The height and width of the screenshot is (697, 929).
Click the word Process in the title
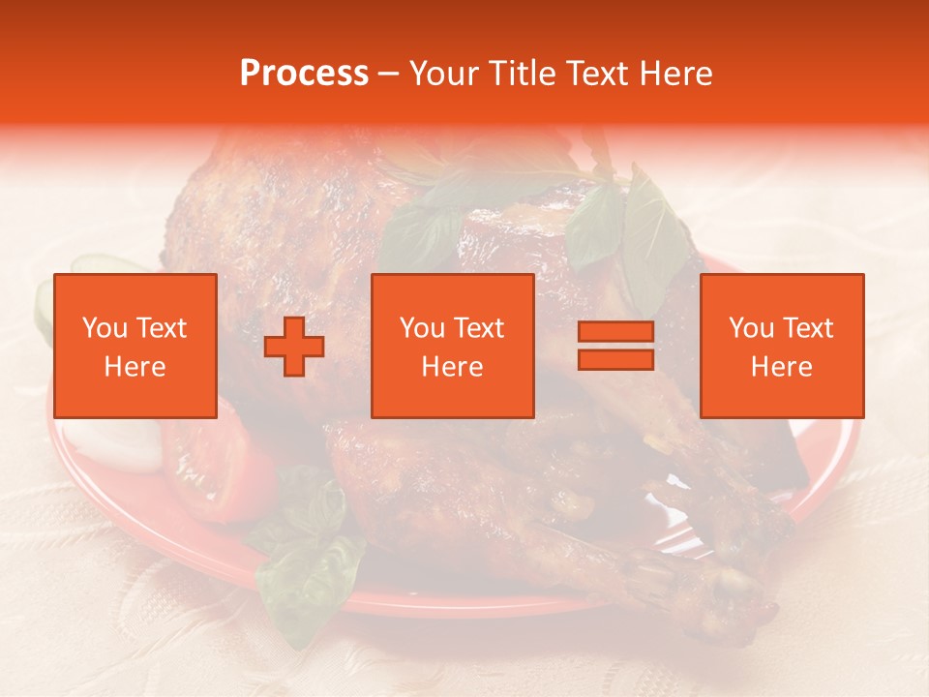(x=304, y=74)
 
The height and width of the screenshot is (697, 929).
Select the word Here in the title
(x=674, y=74)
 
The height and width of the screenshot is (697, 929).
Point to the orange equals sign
(x=615, y=346)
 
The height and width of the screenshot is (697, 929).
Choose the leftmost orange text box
(x=135, y=346)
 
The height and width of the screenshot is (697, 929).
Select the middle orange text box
(x=453, y=346)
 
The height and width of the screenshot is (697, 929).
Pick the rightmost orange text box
(x=782, y=346)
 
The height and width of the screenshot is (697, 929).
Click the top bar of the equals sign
(x=615, y=332)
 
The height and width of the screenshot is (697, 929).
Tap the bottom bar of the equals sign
(x=615, y=359)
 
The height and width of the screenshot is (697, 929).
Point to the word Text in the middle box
(x=479, y=328)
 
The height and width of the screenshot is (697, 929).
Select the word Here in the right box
(x=782, y=367)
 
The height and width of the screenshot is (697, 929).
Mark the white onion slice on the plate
(x=121, y=445)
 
